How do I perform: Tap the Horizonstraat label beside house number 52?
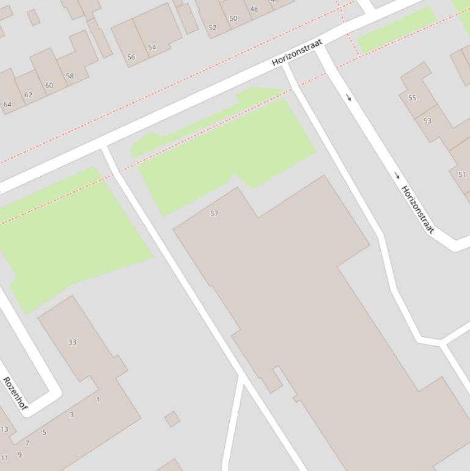tap(297, 53)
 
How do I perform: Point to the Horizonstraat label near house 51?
tap(417, 209)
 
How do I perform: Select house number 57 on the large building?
tap(214, 213)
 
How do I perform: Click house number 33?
tap(72, 342)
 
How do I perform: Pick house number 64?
tap(7, 104)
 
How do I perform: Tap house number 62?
tap(28, 95)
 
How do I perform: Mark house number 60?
tap(49, 86)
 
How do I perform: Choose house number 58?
tap(70, 76)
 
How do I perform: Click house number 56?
tap(131, 57)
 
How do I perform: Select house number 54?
tap(152, 47)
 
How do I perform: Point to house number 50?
tap(233, 18)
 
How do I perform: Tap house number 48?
tap(254, 9)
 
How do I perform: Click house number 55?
tap(412, 98)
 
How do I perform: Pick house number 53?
tap(427, 121)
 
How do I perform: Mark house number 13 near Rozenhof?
tap(4, 429)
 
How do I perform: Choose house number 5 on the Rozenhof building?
tap(44, 432)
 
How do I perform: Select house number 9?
tap(20, 454)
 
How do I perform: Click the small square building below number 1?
tap(172, 419)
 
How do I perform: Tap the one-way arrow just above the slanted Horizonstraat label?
tap(397, 176)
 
